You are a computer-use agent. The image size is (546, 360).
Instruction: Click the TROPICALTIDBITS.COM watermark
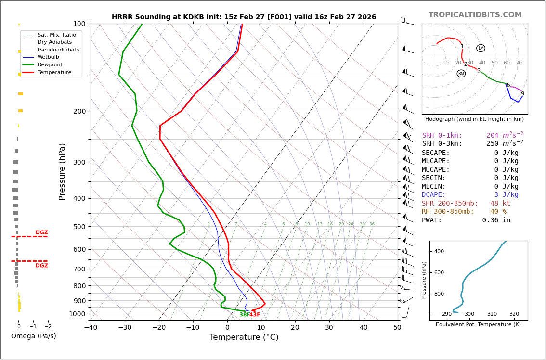tap(475, 15)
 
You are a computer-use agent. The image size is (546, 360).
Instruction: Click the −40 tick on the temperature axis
tap(91, 328)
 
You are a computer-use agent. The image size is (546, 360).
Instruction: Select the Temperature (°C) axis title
tap(244, 337)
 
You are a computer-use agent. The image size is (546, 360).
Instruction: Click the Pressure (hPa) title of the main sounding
tap(62, 171)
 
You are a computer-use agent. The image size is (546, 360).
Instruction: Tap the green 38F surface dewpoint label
tap(244, 315)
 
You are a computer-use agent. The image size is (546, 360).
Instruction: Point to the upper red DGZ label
tap(41, 232)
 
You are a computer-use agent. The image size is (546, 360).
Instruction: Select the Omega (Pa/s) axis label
tap(33, 336)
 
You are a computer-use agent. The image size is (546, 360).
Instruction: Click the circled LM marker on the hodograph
tap(481, 48)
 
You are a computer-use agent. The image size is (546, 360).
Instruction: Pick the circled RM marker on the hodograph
tap(461, 74)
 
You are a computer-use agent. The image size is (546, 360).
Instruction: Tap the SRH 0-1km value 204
tap(493, 136)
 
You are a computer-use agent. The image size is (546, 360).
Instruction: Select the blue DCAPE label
tap(434, 195)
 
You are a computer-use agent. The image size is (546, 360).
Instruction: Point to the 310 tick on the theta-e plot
tap(492, 314)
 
